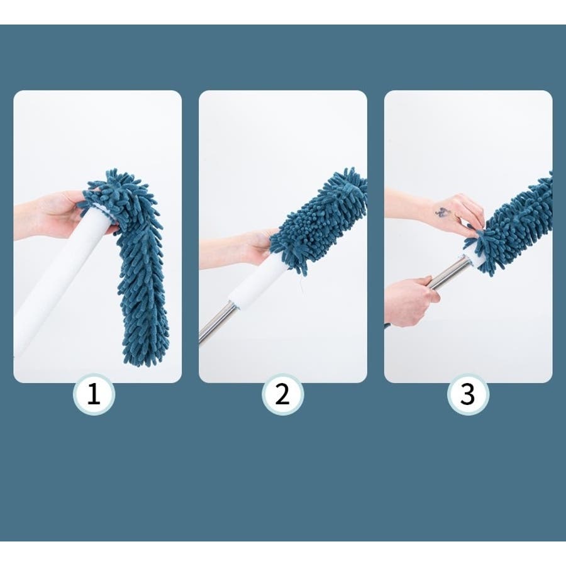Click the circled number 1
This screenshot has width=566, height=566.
pyautogui.click(x=94, y=394)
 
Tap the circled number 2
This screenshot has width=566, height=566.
pyautogui.click(x=282, y=394)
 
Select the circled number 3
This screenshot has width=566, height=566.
pyautogui.click(x=468, y=394)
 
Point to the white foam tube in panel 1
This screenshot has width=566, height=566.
pyautogui.click(x=58, y=282)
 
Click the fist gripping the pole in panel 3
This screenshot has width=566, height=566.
pyautogui.click(x=411, y=301)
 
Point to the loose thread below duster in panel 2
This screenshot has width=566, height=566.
pyautogui.click(x=299, y=284)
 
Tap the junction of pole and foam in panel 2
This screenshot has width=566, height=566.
pyautogui.click(x=233, y=303)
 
